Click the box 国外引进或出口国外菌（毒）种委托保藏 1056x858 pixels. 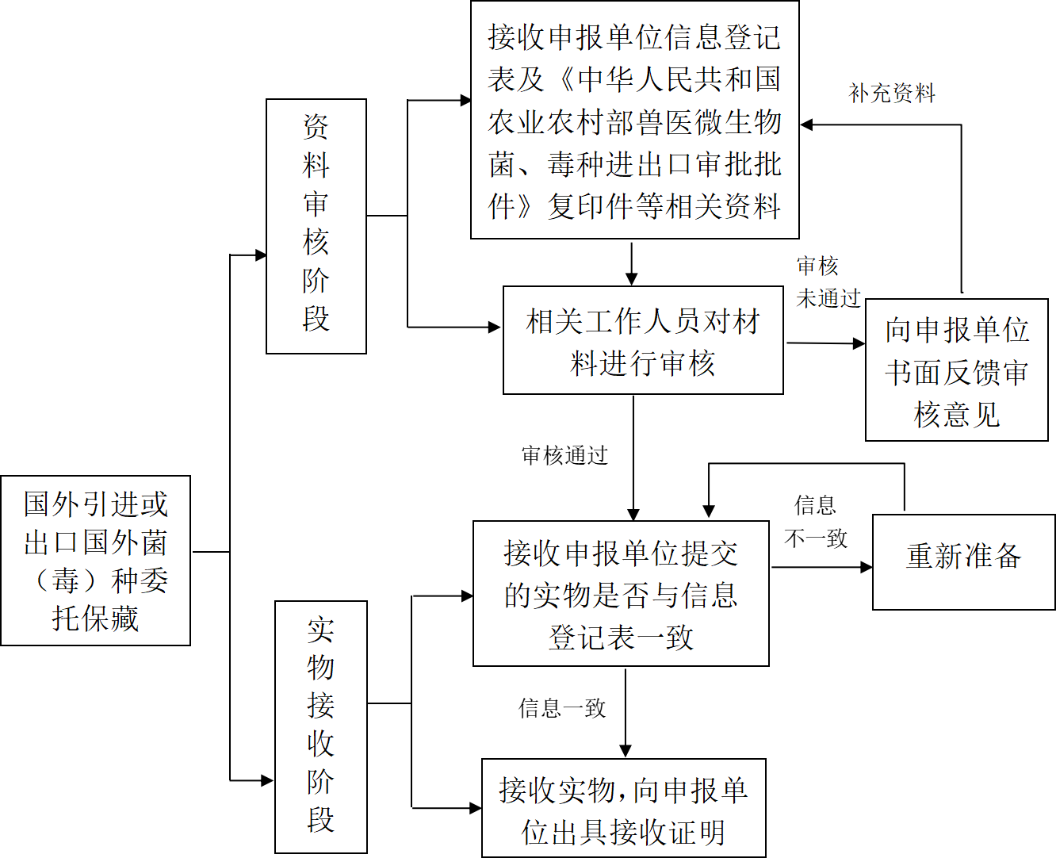point(95,560)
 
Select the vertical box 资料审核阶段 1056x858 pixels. point(316,226)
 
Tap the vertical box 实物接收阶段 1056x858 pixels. point(320,726)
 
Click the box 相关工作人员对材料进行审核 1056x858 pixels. point(643,340)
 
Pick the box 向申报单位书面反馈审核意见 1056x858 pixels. point(956,370)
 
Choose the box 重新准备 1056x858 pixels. point(963,561)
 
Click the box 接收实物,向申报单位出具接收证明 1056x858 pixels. point(624,808)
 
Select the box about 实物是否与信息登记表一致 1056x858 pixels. point(621,593)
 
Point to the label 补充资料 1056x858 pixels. point(892,94)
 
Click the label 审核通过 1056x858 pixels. point(564,455)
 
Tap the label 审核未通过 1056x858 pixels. point(827,282)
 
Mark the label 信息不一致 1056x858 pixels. point(816,522)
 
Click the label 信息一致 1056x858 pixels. point(562,708)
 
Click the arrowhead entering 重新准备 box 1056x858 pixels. point(867,567)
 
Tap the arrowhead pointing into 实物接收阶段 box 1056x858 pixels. point(267,780)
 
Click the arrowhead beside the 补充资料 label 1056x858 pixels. point(807,124)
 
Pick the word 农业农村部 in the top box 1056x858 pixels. point(562,122)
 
